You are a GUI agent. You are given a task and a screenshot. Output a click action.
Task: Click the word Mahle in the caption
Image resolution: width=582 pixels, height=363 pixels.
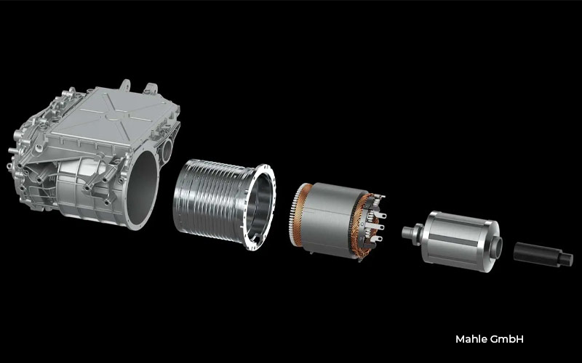470,339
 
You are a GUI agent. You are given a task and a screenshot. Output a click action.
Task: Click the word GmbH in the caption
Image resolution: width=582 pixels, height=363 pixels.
506,339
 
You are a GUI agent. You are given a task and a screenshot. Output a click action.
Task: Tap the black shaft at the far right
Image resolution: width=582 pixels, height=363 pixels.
533,253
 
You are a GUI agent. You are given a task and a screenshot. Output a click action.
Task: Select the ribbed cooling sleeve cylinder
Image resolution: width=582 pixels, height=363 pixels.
207,199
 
